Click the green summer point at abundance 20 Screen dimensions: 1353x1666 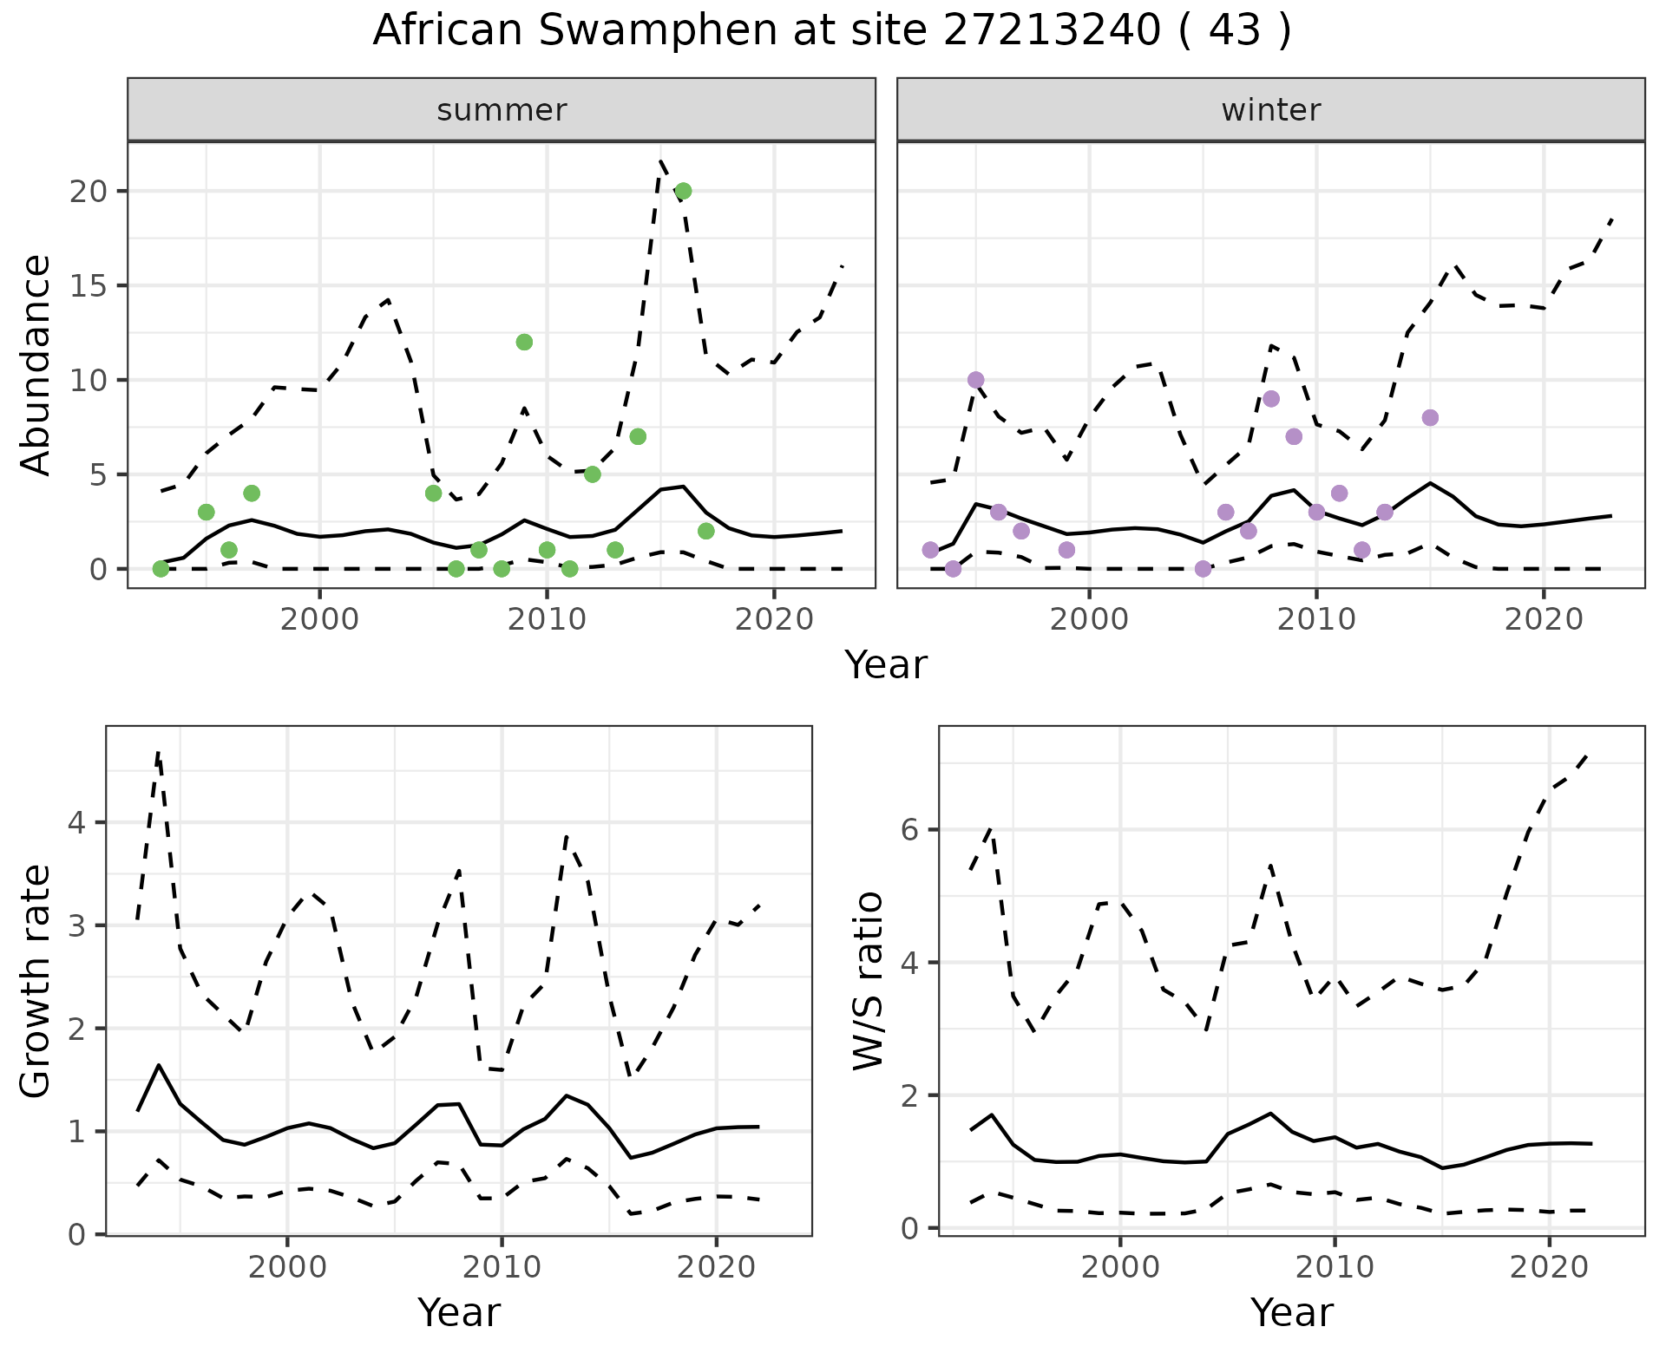point(683,191)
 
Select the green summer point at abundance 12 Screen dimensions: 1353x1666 point(524,342)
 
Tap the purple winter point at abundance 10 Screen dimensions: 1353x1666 point(975,380)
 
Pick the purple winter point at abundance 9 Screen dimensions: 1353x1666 point(1271,399)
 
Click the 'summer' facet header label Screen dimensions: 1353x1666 point(502,110)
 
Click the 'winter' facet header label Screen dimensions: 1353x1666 point(1270,110)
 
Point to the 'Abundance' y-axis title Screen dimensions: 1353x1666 point(36,365)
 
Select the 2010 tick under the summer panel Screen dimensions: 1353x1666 point(547,619)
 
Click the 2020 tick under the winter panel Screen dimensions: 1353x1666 point(1544,619)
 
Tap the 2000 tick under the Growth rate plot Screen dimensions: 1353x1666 point(287,1267)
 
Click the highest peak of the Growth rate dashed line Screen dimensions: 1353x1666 point(158,752)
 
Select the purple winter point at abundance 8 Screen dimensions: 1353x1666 point(1430,418)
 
